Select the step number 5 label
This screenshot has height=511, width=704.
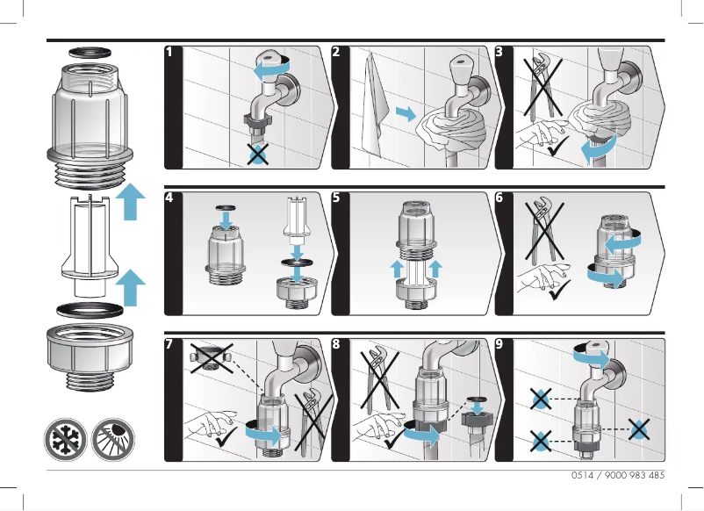tap(337, 198)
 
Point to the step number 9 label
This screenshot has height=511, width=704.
tap(500, 345)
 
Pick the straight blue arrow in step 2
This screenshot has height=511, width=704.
tap(406, 114)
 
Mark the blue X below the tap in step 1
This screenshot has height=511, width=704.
tap(256, 155)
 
